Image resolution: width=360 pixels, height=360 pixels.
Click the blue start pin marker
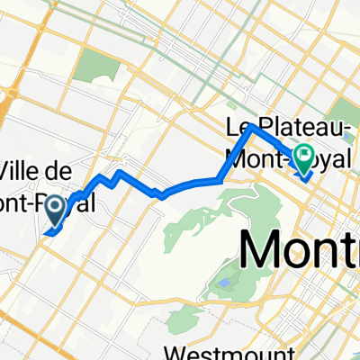click(55, 211)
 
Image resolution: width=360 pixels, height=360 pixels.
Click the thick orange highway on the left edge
click(4, 108)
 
